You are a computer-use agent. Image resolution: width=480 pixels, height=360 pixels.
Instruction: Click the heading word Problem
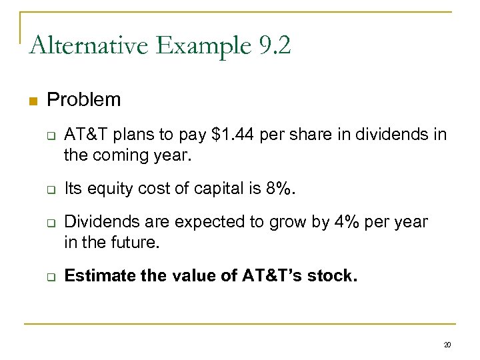[x=84, y=100]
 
